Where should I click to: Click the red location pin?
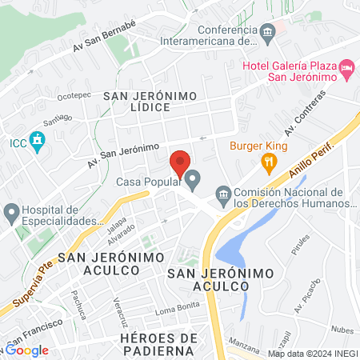pos(181,165)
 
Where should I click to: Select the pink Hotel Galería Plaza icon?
pos(347,70)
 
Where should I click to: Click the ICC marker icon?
pos(37,142)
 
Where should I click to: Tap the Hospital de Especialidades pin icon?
pos(11,213)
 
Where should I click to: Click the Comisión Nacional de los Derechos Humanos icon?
pos(224,194)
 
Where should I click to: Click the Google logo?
pos(27,350)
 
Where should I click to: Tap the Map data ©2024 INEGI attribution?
pos(312,354)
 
